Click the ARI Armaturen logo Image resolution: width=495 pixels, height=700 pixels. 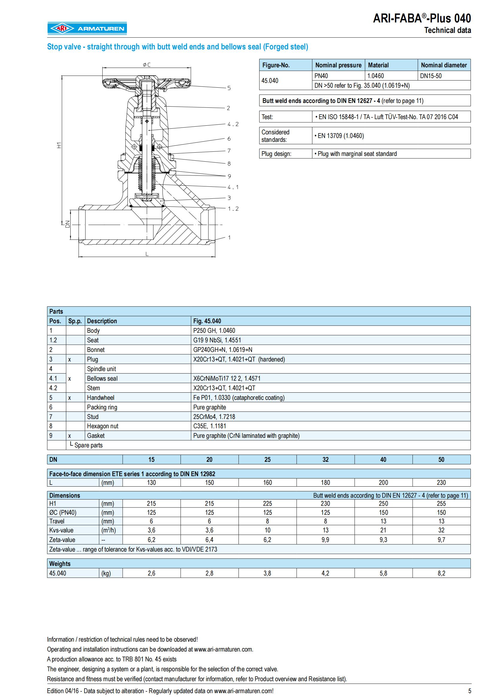[87, 28]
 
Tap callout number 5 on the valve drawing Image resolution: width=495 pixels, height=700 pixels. [229, 88]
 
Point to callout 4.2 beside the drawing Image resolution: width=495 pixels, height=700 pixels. [233, 124]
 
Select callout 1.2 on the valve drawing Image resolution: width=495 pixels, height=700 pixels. [233, 209]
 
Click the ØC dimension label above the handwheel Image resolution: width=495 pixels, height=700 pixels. [147, 65]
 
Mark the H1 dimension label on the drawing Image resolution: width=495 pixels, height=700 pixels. [59, 145]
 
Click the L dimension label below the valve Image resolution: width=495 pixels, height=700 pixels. [147, 254]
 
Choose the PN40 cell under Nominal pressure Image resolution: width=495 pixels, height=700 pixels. [321, 76]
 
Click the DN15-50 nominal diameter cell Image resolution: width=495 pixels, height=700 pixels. [430, 76]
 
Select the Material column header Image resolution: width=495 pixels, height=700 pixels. [378, 65]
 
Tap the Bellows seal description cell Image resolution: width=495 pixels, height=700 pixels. [102, 378]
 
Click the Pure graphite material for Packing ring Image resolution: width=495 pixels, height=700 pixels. [210, 407]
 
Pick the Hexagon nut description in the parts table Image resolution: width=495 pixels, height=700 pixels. [102, 426]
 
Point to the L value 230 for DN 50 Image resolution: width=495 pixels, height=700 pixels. [441, 483]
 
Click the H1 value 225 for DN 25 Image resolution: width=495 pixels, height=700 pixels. [267, 504]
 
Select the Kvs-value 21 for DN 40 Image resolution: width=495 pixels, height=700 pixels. [383, 530]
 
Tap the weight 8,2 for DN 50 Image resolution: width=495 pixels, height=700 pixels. [441, 573]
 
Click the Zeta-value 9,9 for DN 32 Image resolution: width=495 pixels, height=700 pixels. [325, 540]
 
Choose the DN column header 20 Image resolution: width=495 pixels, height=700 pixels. [209, 459]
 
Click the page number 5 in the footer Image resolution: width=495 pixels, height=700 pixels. [469, 691]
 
